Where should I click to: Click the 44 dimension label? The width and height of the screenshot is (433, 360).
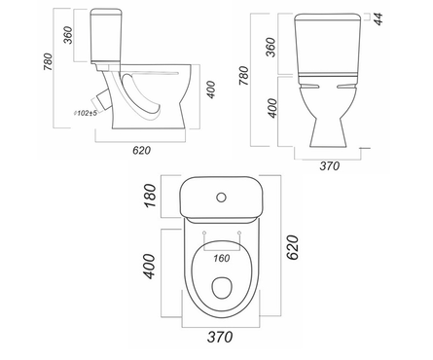[x=379, y=18]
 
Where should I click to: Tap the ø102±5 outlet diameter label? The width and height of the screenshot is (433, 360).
[x=86, y=113]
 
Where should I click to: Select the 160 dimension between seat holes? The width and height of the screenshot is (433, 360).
[x=222, y=258]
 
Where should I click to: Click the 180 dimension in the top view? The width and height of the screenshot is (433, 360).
[x=150, y=196]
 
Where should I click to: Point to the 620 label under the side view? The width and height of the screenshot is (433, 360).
[x=141, y=151]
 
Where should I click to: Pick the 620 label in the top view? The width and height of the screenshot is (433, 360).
[x=292, y=247]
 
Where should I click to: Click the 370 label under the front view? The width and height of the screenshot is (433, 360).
[x=330, y=166]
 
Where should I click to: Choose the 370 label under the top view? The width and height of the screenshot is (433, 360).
[x=220, y=337]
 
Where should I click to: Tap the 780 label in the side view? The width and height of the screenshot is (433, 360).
[x=48, y=61]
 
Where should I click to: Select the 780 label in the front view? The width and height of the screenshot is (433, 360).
[x=244, y=76]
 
